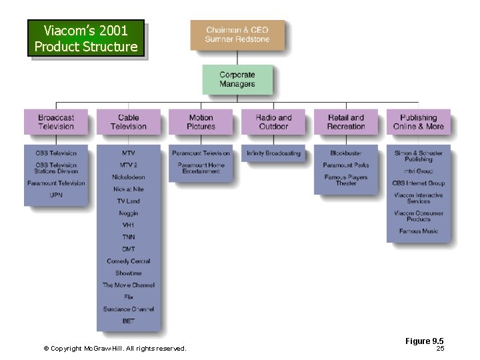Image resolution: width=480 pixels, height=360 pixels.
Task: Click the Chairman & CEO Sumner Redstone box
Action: [x=237, y=35]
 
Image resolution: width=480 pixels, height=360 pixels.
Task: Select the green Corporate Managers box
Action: [x=237, y=79]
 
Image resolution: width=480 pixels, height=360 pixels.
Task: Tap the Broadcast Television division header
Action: [x=56, y=122]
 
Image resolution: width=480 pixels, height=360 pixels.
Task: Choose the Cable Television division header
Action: [x=129, y=122]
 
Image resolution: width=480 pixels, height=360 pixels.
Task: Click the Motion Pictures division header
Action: [x=201, y=122]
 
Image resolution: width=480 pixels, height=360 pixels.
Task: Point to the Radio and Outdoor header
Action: [x=273, y=122]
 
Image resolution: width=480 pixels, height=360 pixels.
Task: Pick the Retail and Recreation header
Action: [x=346, y=122]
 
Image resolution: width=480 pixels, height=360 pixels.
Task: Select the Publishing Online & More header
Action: [x=418, y=122]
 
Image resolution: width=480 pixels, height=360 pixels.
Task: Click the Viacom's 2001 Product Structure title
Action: [x=86, y=39]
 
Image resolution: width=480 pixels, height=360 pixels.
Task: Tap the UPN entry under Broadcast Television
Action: [x=56, y=195]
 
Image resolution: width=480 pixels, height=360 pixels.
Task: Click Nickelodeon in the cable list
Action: [x=129, y=177]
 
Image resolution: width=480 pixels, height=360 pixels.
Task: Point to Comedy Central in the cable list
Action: [x=129, y=261]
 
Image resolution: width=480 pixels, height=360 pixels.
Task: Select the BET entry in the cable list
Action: [x=129, y=321]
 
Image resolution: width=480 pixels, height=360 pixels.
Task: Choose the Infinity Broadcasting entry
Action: [x=273, y=153]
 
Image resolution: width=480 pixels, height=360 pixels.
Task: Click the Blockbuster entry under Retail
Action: [x=346, y=153]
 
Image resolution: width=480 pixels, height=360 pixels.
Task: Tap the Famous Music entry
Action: [x=419, y=231]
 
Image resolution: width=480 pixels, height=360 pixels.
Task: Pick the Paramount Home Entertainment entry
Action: [x=201, y=168]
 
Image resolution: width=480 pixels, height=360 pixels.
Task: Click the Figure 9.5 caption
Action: [x=425, y=341]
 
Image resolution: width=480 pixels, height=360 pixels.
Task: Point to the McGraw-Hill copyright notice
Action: [x=115, y=348]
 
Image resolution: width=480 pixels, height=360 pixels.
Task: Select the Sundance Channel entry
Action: [x=129, y=309]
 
